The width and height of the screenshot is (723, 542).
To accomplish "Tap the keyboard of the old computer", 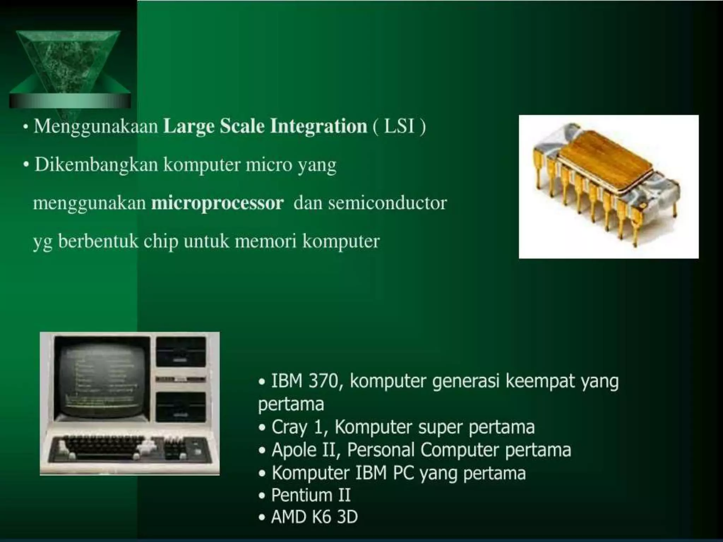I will pyautogui.click(x=131, y=449).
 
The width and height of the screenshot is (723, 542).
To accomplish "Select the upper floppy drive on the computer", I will pyautogui.click(x=181, y=351).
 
